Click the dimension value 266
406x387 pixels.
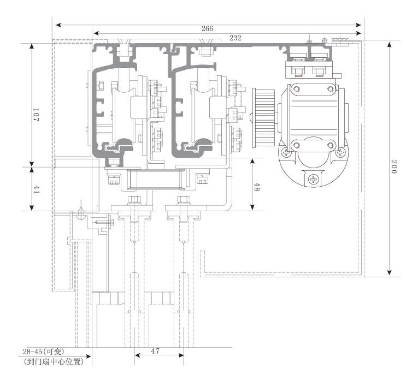pos(207,28)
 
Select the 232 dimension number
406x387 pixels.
pos(236,38)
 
